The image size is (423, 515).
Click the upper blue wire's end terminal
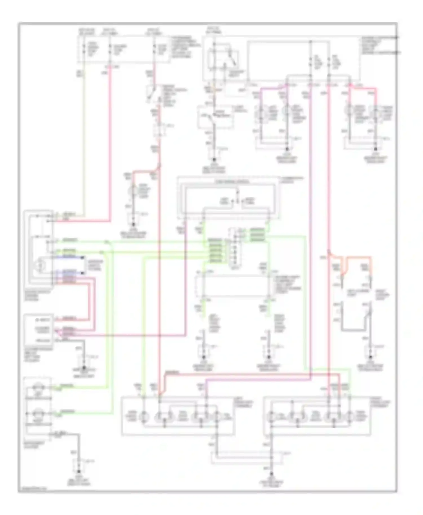click(x=82, y=257)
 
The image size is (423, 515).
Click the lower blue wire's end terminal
click(x=82, y=273)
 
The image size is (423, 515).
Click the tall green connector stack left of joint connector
click(x=215, y=251)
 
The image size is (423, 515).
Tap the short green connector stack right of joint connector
click(x=257, y=235)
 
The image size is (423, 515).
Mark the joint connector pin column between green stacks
click(x=234, y=248)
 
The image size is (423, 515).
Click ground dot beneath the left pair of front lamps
click(x=287, y=149)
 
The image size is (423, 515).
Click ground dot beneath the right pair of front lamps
click(x=375, y=149)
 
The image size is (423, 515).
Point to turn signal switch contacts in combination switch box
click(x=236, y=201)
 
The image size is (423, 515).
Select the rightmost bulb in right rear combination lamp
click(x=350, y=416)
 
